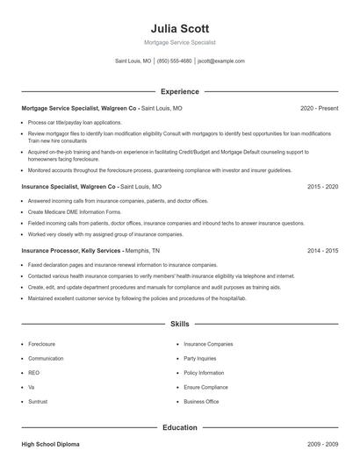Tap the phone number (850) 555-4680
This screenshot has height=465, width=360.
(174, 61)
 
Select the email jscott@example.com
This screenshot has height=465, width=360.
(221, 61)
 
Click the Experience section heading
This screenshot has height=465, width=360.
(179, 91)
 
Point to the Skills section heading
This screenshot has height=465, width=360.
(179, 324)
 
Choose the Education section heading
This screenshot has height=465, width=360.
(179, 427)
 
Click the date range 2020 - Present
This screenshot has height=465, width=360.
(319, 108)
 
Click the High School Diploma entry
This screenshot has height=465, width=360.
(51, 447)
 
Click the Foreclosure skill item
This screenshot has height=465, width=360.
(41, 344)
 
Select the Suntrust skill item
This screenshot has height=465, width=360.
(38, 401)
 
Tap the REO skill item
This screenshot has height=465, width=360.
(34, 373)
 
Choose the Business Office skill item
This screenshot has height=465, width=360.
(201, 401)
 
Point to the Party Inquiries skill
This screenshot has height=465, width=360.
(201, 358)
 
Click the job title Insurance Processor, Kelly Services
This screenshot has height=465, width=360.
(71, 250)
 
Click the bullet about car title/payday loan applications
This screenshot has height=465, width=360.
(75, 123)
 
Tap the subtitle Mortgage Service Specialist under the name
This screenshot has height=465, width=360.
(179, 42)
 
